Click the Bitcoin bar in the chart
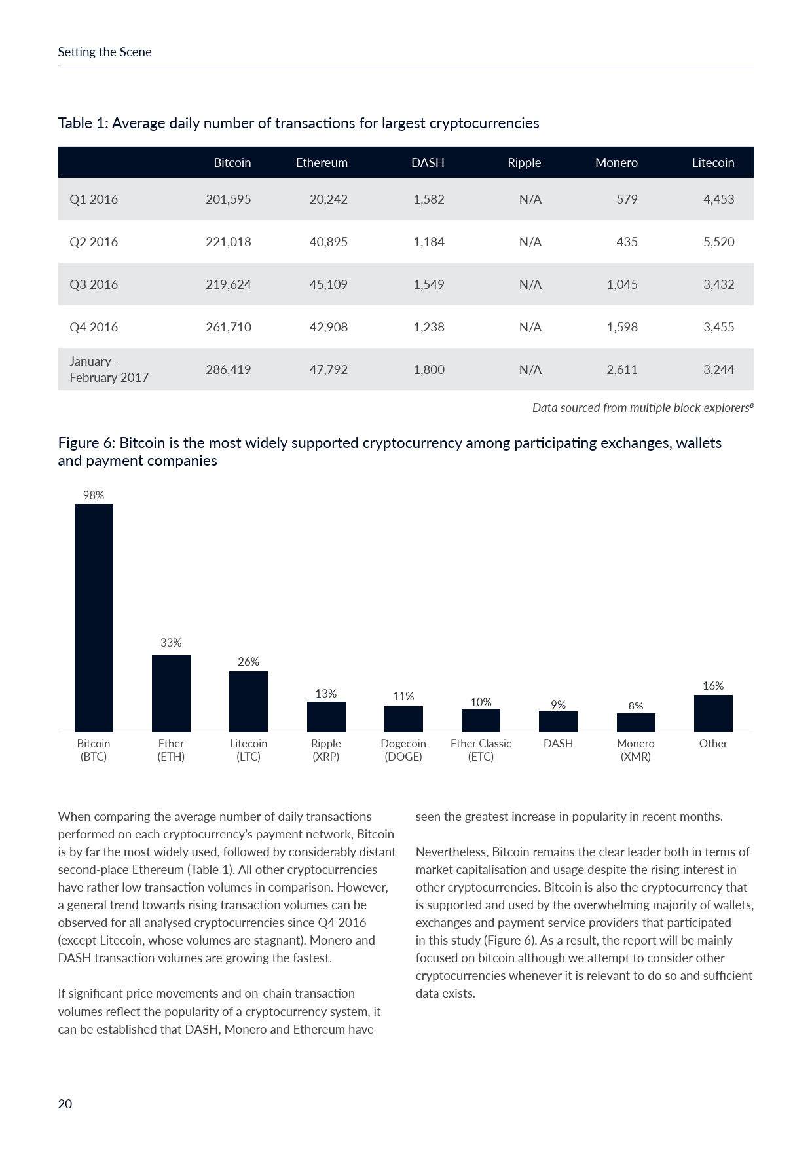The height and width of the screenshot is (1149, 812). (94, 617)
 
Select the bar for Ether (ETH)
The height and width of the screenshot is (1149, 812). (171, 693)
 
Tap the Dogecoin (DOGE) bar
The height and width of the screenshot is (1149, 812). (403, 719)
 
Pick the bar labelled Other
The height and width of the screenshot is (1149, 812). (713, 713)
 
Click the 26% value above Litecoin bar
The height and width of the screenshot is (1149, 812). (248, 662)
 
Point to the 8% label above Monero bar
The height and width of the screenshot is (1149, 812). (636, 706)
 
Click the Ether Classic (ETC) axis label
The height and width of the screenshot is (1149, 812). (481, 750)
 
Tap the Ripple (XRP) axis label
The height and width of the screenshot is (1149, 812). (326, 750)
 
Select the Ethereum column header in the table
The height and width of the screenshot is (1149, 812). (322, 162)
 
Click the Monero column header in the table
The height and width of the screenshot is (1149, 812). (616, 162)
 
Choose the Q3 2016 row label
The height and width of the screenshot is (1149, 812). (94, 284)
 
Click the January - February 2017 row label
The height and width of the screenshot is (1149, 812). (109, 369)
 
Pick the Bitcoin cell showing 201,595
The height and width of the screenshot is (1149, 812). (229, 199)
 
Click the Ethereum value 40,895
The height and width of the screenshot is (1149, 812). (328, 242)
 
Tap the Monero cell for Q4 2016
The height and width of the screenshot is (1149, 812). (621, 327)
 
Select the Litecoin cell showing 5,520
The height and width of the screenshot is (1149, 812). (718, 242)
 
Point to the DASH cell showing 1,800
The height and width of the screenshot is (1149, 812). (428, 369)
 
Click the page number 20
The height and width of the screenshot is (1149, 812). (65, 1104)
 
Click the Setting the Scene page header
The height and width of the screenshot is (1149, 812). (105, 52)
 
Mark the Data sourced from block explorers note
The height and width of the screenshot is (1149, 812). (642, 407)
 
